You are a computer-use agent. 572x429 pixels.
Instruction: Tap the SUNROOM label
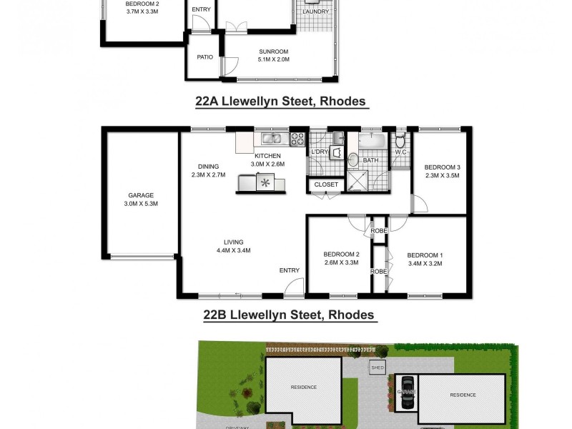[x=273, y=51]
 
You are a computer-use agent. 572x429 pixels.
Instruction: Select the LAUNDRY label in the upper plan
[x=315, y=12]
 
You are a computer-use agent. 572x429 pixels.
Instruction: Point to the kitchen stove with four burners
[x=297, y=139]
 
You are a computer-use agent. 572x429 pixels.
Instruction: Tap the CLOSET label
[x=326, y=185]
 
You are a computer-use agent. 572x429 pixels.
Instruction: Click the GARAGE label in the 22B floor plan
[x=141, y=195]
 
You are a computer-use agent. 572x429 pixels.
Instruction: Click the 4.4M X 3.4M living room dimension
[x=233, y=250]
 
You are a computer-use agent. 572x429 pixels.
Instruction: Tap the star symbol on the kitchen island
[x=265, y=183]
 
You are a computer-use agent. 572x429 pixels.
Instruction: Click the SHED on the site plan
[x=378, y=368]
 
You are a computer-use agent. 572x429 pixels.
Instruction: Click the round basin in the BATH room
[x=352, y=159]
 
